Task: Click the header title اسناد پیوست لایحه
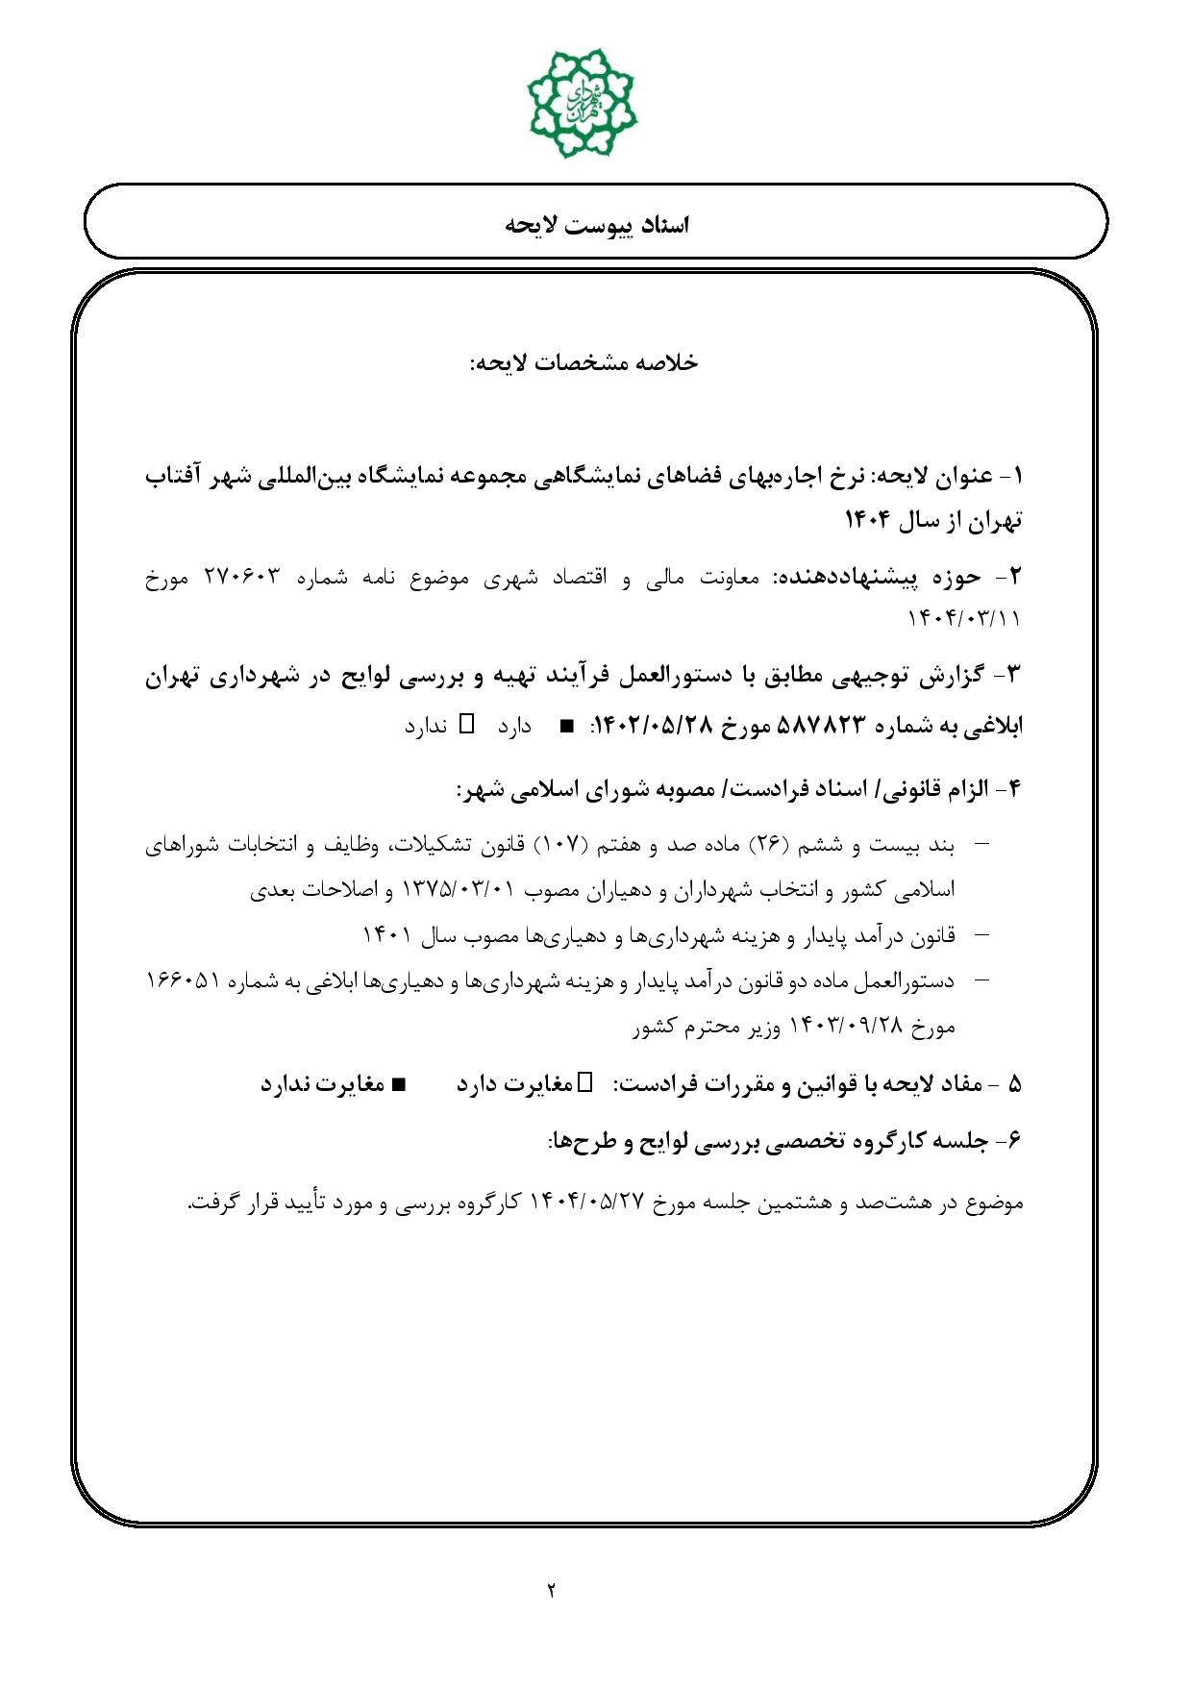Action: [596, 225]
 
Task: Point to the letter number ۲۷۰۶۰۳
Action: [241, 577]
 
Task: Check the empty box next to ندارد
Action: [467, 724]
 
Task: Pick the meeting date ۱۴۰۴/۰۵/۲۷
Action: [584, 1203]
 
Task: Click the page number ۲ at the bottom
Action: [552, 1589]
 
